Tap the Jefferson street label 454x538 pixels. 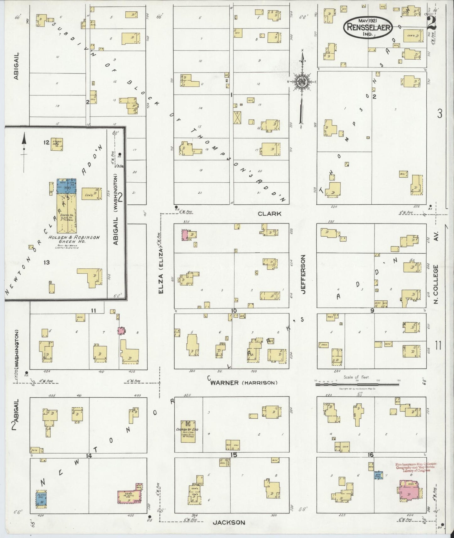303,274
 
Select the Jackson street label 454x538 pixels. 229,522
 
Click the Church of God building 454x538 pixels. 188,431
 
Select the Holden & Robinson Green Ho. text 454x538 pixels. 74,239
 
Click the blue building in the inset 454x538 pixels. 67,186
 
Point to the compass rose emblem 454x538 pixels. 302,82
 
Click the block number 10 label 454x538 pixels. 233,311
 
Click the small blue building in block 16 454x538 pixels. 378,476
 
